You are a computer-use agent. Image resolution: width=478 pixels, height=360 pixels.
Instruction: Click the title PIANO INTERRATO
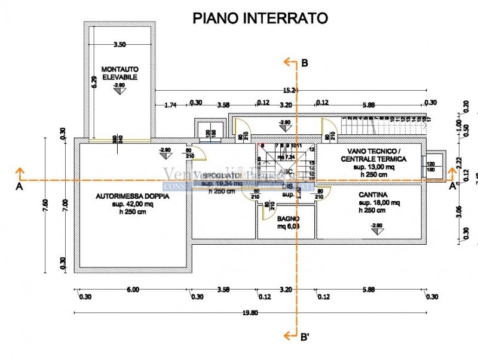260,19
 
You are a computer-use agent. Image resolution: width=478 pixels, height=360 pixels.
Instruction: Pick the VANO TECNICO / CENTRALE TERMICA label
373,155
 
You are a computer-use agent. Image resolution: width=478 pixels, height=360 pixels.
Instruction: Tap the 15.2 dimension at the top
290,90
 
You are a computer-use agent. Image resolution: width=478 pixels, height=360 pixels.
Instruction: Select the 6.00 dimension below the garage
133,290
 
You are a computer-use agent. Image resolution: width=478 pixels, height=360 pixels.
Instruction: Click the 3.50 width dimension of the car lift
119,44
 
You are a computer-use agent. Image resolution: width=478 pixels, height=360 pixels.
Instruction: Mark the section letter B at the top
305,63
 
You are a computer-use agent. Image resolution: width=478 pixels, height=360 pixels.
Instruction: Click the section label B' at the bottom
305,337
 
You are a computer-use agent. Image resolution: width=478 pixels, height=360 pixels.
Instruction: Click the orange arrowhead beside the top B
288,62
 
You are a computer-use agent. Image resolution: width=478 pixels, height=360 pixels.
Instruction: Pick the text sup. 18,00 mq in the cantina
373,203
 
